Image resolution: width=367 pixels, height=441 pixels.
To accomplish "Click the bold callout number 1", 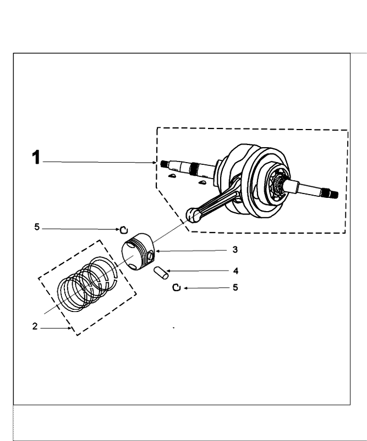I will tap(36, 158).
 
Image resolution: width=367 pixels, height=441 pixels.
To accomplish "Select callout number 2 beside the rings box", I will tap(35, 326).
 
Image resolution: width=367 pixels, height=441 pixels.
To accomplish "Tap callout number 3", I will tap(234, 250).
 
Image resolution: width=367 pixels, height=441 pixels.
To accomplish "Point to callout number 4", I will tap(235, 271).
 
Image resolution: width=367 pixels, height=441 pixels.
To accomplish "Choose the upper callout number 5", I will tap(37, 227).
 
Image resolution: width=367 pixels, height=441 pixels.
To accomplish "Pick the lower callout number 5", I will tap(235, 288).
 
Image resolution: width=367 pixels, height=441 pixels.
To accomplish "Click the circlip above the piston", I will tap(124, 229).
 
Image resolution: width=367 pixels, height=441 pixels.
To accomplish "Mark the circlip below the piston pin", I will tap(176, 287).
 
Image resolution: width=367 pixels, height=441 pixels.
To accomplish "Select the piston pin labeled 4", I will tap(161, 272).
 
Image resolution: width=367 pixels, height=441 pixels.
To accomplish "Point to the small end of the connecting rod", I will tap(193, 215).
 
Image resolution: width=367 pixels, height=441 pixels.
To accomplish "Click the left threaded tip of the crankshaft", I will tap(163, 164).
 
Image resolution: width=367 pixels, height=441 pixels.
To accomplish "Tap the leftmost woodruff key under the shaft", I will tap(172, 176).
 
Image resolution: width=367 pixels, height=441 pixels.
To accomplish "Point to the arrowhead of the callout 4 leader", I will tap(167, 271).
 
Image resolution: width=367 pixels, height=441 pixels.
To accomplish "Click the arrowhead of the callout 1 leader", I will tap(156, 162).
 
